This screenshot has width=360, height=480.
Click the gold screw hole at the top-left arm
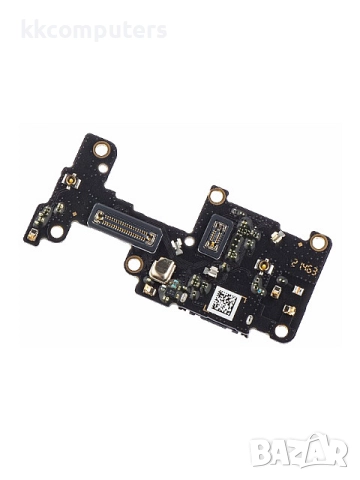click(100, 150)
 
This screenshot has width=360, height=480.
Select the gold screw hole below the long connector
click(133, 264)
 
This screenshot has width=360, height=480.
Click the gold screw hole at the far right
click(318, 241)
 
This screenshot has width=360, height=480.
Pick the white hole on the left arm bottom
click(57, 231)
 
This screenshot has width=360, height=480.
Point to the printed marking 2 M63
click(307, 269)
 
